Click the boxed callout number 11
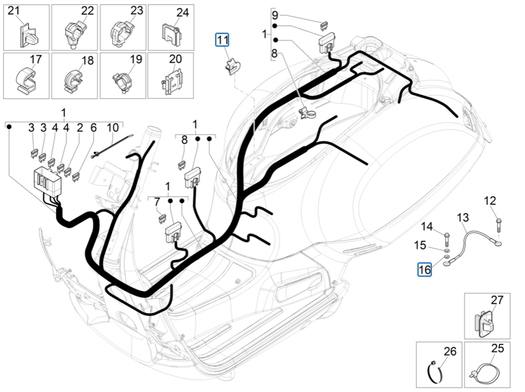point(223,40)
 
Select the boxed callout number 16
point(424,269)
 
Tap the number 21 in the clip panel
point(14,11)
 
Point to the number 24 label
point(182,13)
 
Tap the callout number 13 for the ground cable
point(462,218)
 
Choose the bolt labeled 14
point(446,237)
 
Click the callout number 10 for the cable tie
point(112,127)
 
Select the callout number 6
point(94,127)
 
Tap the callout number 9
point(275,15)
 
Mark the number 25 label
point(498,349)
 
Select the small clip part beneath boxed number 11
point(232,66)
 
